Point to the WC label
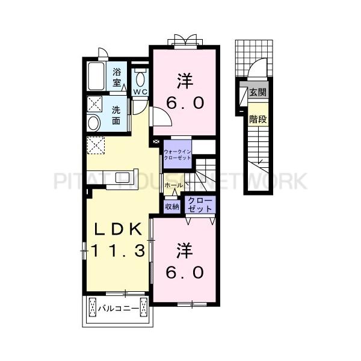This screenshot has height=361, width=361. tap(140, 91)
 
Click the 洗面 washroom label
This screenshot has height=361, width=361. tap(118, 115)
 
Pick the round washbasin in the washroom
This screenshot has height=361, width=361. tap(94, 123)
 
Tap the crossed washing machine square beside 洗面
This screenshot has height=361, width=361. tap(94, 102)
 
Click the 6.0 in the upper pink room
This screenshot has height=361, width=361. tap(185, 103)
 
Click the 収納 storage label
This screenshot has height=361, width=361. tap(172, 206)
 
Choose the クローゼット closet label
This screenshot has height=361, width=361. tap(200, 205)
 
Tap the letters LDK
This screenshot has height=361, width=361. tap(117, 229)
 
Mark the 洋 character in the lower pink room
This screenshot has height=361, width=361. tap(184, 249)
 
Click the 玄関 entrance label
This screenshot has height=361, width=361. tap(258, 93)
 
